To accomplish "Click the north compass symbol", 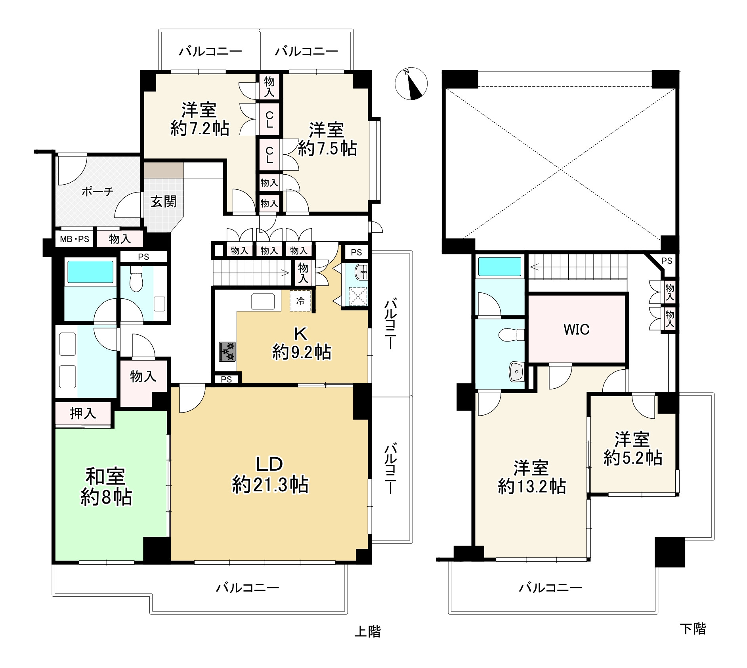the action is pos(411,84).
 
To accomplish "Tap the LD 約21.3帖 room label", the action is pos(270,474).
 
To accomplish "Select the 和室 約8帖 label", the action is pos(106,487).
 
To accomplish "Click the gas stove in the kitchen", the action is pos(227,351).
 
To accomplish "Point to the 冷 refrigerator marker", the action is pos(300,301).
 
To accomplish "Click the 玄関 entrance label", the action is pos(163,202).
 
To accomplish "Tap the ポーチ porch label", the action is pos(97,192).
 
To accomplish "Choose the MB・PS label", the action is pos(75,239).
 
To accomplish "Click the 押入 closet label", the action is pos(83,414).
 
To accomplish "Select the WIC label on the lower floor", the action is pos(577,329).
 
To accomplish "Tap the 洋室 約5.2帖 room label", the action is pos(633,449).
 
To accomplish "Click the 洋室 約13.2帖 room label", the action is pos(532,477).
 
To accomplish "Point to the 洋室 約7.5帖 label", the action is pos(327,139).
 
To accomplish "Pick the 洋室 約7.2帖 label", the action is pos(200,119).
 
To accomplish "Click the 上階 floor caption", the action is pos(367,631).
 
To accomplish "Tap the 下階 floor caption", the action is pos(693,629).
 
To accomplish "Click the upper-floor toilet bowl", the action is pos(136,279).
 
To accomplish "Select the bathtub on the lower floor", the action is pos(499,266).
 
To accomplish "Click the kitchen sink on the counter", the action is pos(263,302).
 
